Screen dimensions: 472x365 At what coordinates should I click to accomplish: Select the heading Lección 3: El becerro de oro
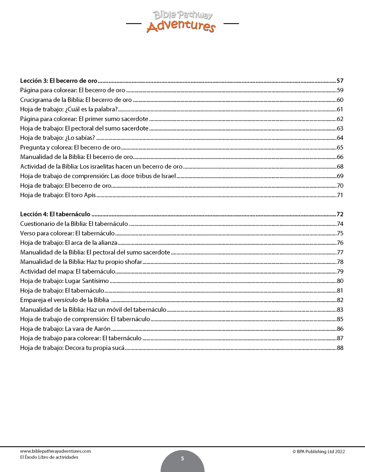coord(59,81)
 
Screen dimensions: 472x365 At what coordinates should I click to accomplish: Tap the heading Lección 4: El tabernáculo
coord(55,214)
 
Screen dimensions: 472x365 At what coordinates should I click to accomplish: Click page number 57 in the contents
coord(340,81)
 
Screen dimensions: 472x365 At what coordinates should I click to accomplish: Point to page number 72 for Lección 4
coord(340,214)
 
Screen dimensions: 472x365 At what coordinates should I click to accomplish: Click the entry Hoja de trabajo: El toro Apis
coord(58,195)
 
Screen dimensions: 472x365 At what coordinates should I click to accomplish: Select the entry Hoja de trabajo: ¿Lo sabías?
coord(57,138)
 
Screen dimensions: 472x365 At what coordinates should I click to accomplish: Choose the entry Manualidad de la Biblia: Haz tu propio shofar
coord(81,262)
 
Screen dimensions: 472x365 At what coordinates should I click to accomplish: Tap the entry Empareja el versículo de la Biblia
coord(64,300)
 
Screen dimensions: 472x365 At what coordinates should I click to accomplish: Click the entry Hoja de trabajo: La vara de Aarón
coord(65,329)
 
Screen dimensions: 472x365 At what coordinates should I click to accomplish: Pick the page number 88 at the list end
coord(340,348)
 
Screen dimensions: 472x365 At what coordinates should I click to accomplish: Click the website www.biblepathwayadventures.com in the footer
coord(55,451)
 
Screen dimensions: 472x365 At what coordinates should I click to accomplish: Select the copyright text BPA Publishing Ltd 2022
coord(319,452)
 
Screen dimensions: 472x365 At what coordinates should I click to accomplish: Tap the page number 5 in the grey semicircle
coord(182,459)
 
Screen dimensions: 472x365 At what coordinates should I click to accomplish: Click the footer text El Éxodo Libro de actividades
coord(49,457)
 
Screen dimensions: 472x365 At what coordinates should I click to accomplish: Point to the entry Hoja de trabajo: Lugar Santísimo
coord(64,281)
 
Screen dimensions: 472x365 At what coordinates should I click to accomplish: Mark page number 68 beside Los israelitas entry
coord(340,167)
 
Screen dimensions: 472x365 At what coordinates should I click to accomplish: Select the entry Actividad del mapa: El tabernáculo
coord(67,271)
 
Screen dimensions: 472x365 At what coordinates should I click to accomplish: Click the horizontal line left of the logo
coord(133,24)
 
